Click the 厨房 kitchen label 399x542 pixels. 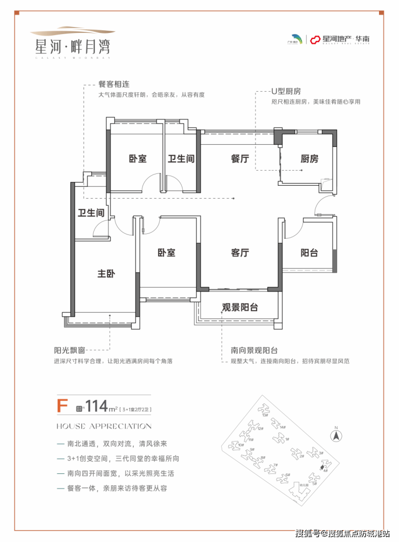pos(309,159)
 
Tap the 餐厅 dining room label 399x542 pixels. pos(239,159)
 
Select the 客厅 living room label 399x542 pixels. pos(240,253)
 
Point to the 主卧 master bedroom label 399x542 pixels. pos(106,274)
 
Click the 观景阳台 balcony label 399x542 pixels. pos(240,308)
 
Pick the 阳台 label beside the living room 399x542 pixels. pos(309,253)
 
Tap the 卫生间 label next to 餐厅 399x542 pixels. pos(181,159)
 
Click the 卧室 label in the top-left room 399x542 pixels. pos(137,159)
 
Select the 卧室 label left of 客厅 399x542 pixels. pos(167,253)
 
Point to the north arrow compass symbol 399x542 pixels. pos(335,434)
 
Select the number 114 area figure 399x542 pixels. pos(95,405)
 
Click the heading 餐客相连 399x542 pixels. pos(114,85)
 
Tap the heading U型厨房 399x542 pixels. pos(286,92)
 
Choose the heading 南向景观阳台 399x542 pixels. pos(246,350)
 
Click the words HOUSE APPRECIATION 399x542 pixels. pos(104,426)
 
